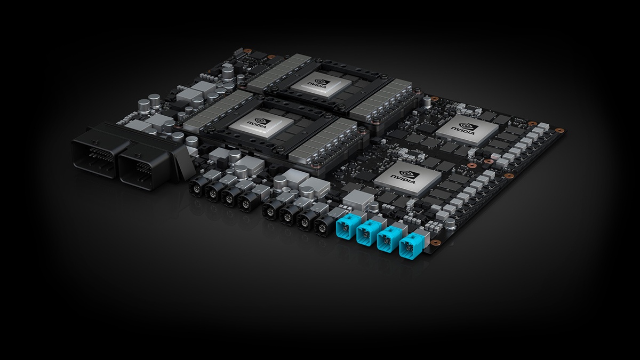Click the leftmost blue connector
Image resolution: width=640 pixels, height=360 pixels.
[345, 228]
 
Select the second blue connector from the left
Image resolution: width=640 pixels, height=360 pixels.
[367, 234]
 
